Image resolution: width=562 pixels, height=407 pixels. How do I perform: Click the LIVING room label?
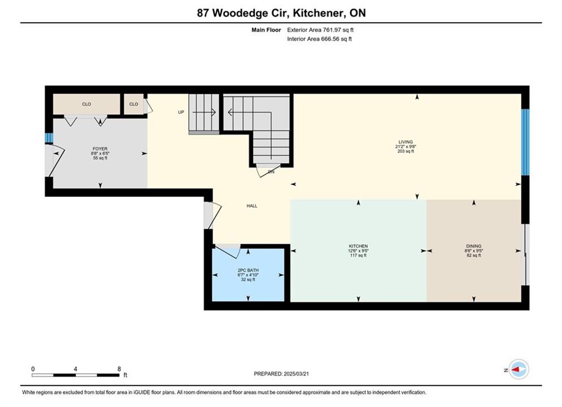click(x=406, y=142)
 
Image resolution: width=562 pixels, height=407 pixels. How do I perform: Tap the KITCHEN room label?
click(x=359, y=246)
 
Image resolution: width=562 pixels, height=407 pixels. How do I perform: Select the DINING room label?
click(x=473, y=246)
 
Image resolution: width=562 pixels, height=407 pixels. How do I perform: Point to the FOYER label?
click(x=100, y=149)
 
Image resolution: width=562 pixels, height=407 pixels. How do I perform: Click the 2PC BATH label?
click(x=248, y=270)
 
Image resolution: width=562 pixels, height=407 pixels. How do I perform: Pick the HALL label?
click(x=252, y=206)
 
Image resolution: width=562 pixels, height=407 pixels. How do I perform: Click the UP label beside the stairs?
click(x=181, y=112)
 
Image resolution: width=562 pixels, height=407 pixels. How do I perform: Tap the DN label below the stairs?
click(x=271, y=172)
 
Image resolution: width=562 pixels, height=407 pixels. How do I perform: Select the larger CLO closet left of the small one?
click(x=86, y=105)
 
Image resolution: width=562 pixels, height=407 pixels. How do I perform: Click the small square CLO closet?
click(x=134, y=105)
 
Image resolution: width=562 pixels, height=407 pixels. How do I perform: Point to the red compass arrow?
click(x=516, y=369)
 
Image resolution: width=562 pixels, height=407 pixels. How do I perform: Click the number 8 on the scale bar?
click(x=119, y=369)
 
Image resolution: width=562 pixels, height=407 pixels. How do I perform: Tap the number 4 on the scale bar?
click(x=75, y=369)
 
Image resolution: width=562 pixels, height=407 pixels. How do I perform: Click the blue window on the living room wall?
click(x=525, y=142)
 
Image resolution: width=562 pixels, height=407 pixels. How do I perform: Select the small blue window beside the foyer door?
click(x=49, y=138)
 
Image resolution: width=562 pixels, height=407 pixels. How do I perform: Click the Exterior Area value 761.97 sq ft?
click(x=338, y=30)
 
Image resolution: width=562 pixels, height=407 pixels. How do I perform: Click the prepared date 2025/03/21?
click(x=297, y=374)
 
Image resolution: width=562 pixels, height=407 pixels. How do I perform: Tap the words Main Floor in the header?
click(x=266, y=30)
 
